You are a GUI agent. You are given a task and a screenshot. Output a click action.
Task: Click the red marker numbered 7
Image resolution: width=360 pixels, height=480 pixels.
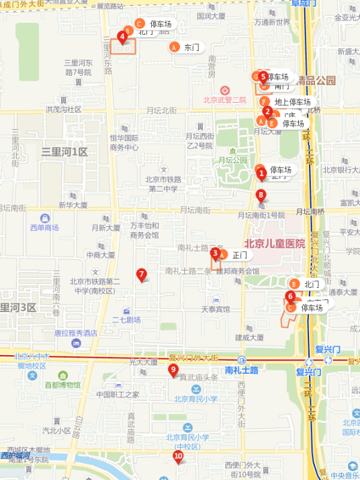pyautogui.click(x=141, y=274)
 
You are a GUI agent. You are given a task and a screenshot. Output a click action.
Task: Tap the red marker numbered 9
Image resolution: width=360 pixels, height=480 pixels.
pyautogui.click(x=173, y=369)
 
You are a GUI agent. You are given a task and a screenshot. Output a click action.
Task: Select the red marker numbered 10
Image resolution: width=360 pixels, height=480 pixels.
pyautogui.click(x=178, y=457)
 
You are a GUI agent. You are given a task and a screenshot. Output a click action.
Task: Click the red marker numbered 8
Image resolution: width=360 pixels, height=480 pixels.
pyautogui.click(x=261, y=195)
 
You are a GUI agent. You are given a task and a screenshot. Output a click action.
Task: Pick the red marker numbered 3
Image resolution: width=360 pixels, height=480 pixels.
pyautogui.click(x=215, y=253)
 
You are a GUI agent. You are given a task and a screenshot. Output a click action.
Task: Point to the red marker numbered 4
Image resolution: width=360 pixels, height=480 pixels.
pyautogui.click(x=122, y=36)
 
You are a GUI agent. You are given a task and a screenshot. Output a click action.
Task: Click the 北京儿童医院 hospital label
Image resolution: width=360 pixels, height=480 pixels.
pyautogui.click(x=274, y=244)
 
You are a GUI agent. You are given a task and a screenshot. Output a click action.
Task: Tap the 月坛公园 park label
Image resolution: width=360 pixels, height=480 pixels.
pyautogui.click(x=233, y=160)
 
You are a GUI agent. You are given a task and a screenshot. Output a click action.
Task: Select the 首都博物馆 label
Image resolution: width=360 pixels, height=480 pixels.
pyautogui.click(x=62, y=385)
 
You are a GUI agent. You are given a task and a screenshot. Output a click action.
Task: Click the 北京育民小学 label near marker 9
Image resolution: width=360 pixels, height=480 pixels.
pyautogui.click(x=195, y=399)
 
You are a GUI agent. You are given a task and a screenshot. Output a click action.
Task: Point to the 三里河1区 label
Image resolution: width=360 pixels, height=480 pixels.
pyautogui.click(x=64, y=152)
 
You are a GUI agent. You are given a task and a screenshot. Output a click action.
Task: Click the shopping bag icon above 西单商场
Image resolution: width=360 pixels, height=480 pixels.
pyautogui.click(x=44, y=218)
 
